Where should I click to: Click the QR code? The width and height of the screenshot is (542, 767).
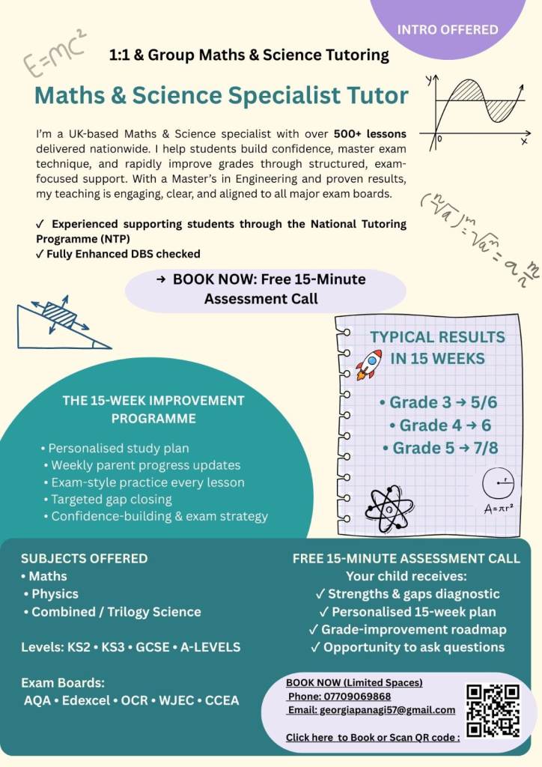pyautogui.click(x=493, y=711)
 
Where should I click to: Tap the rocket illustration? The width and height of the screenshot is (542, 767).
pyautogui.click(x=368, y=365)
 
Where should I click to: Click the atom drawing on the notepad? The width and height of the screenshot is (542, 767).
pyautogui.click(x=389, y=507)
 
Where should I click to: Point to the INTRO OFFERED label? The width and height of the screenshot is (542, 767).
pyautogui.click(x=448, y=30)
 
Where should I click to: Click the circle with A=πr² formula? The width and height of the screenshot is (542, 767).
pyautogui.click(x=497, y=491)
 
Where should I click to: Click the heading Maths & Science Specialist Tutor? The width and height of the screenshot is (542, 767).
pyautogui.click(x=222, y=96)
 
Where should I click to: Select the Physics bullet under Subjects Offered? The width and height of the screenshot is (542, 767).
pyautogui.click(x=55, y=594)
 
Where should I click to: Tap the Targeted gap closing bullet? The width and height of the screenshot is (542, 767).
pyautogui.click(x=111, y=499)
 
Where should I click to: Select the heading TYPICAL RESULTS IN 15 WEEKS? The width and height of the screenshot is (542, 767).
pyautogui.click(x=437, y=348)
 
